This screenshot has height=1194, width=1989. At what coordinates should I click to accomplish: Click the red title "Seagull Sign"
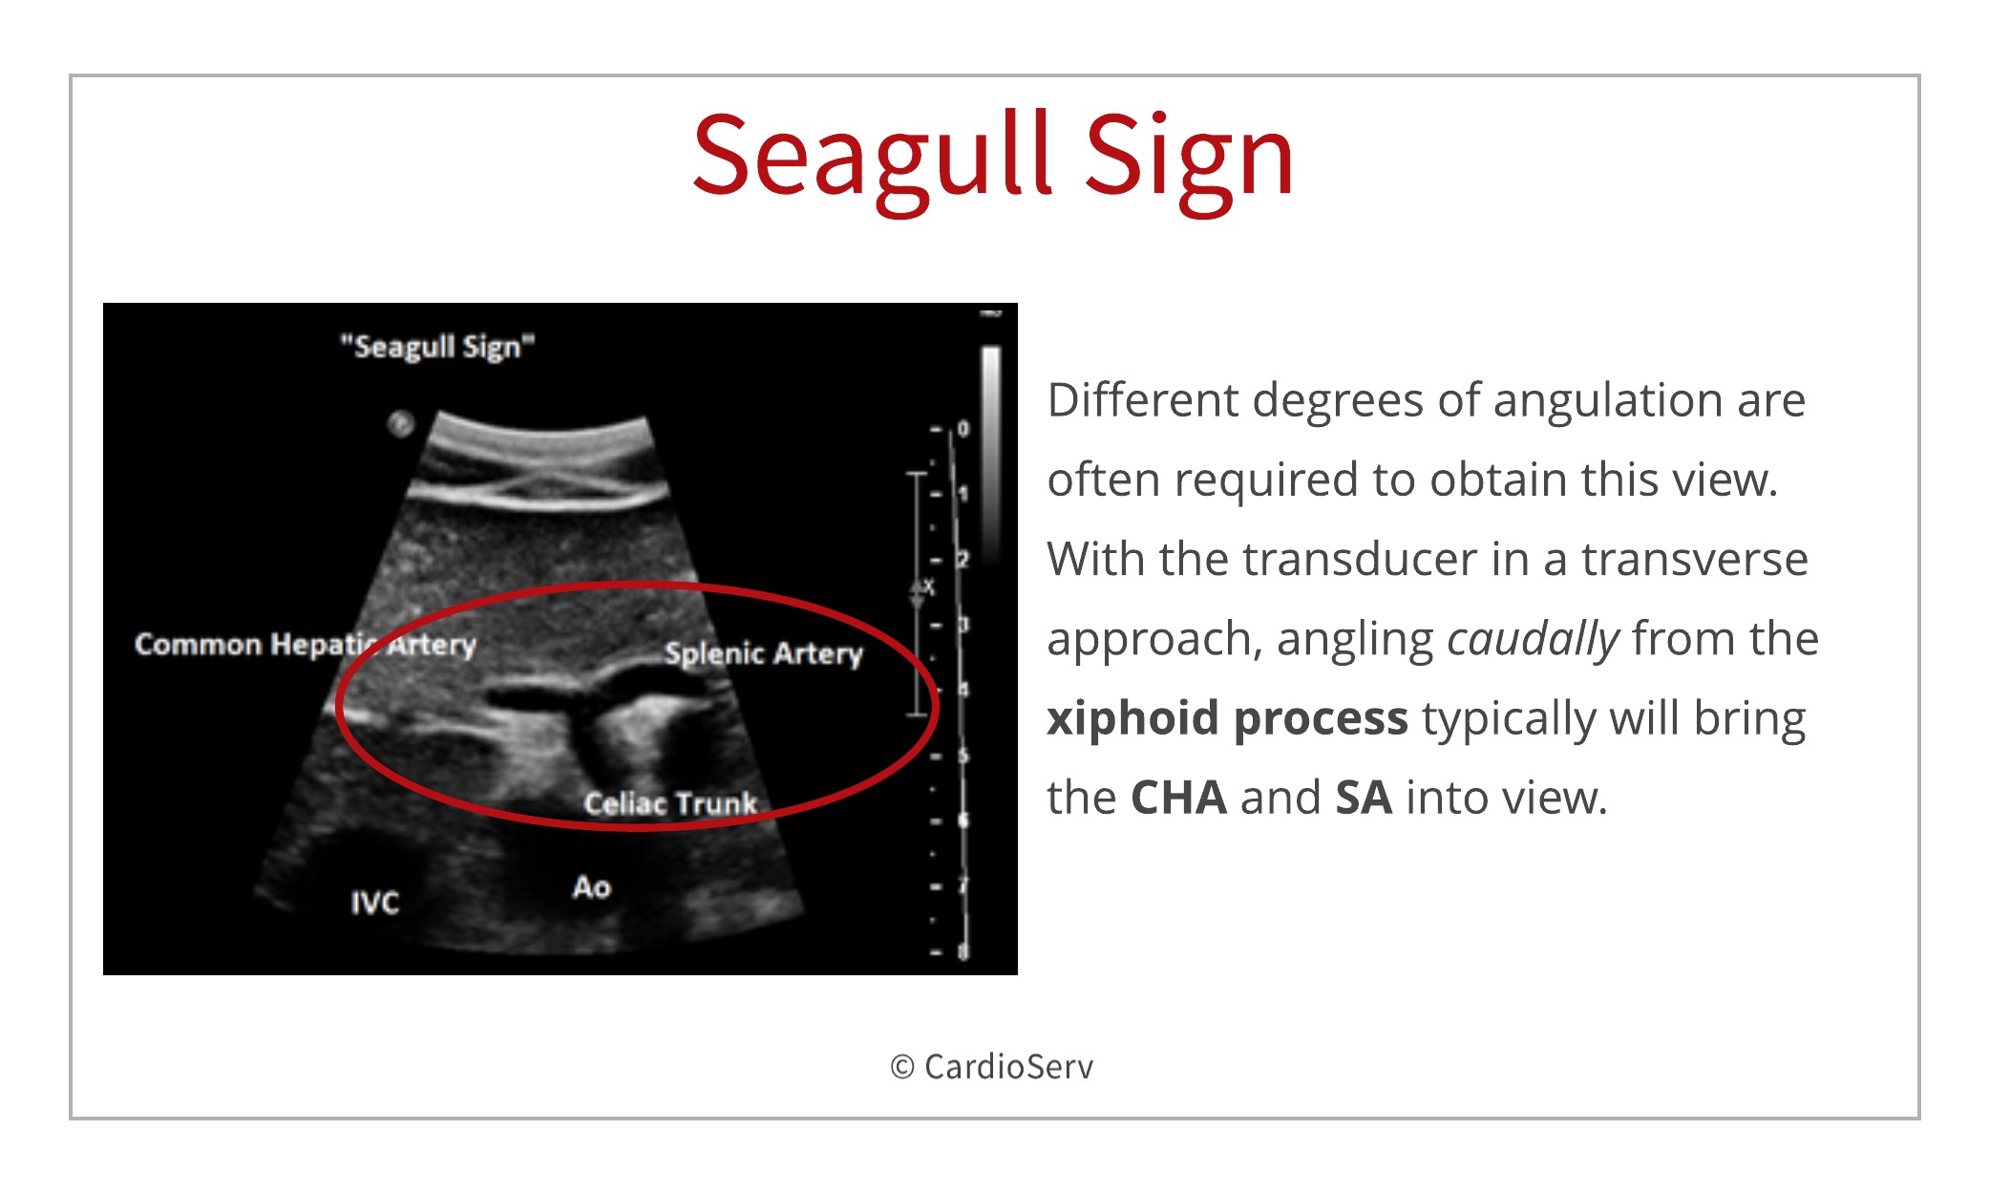pyautogui.click(x=993, y=158)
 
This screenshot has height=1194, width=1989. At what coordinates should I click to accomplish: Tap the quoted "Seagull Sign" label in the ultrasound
pyautogui.click(x=438, y=347)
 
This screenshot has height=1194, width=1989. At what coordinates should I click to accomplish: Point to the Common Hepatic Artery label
pyautogui.click(x=306, y=645)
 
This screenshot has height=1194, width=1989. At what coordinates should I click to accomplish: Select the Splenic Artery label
pyautogui.click(x=764, y=653)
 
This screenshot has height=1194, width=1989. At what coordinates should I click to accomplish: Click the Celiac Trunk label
pyautogui.click(x=670, y=803)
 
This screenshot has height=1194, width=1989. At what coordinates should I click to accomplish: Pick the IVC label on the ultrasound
pyautogui.click(x=374, y=903)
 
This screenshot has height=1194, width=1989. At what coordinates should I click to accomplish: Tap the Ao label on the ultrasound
pyautogui.click(x=592, y=887)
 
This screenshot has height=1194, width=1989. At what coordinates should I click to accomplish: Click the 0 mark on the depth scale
pyautogui.click(x=963, y=429)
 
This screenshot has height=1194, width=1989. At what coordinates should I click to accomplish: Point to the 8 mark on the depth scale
pyautogui.click(x=963, y=951)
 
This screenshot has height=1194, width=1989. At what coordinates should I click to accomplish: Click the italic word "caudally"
pyautogui.click(x=1534, y=640)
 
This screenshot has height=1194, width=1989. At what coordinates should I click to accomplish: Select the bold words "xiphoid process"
pyautogui.click(x=1227, y=718)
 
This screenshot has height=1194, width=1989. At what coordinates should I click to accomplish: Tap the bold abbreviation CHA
pyautogui.click(x=1178, y=798)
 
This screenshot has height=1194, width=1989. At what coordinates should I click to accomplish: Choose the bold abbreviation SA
pyautogui.click(x=1364, y=798)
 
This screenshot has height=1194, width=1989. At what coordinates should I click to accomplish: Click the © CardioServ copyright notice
pyautogui.click(x=992, y=1067)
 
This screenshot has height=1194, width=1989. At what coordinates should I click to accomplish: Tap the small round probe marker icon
pyautogui.click(x=401, y=423)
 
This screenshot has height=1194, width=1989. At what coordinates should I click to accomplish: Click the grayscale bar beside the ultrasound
pyautogui.click(x=991, y=454)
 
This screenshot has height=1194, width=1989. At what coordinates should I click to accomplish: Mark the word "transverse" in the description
pyautogui.click(x=1695, y=560)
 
